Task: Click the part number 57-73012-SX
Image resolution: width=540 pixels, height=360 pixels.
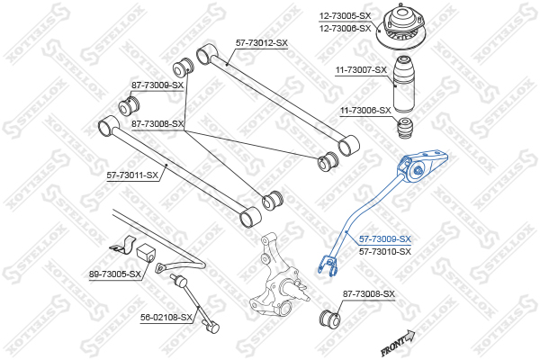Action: (x=261, y=43)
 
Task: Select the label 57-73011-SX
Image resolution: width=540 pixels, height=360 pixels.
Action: (x=132, y=175)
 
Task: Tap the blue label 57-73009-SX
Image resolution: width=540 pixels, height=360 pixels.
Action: (x=385, y=238)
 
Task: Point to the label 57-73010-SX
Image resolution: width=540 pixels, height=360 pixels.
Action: (x=385, y=251)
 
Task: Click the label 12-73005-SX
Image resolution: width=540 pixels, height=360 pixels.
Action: (x=345, y=16)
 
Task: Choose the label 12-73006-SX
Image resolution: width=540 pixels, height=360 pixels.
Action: (x=345, y=28)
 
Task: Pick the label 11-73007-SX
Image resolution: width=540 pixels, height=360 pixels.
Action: (x=361, y=70)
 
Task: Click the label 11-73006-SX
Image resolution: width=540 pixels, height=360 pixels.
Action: (x=365, y=111)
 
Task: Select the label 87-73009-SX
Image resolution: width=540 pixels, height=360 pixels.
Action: (x=157, y=85)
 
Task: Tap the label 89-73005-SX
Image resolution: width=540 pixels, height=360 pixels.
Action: (x=115, y=274)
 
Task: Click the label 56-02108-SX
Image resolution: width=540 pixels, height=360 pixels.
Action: (x=166, y=318)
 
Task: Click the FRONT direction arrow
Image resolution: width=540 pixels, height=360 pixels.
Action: (x=398, y=342)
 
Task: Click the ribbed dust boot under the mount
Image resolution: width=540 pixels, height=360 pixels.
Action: (x=404, y=84)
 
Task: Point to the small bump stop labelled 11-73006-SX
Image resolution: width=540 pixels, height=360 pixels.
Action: (x=405, y=128)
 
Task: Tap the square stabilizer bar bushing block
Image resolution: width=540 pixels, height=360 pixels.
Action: (x=146, y=253)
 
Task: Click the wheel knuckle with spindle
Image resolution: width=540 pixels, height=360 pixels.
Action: (x=278, y=274)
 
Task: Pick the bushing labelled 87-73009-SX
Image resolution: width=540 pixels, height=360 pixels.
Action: (x=129, y=105)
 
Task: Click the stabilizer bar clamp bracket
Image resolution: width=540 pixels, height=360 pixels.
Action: (x=123, y=244)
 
